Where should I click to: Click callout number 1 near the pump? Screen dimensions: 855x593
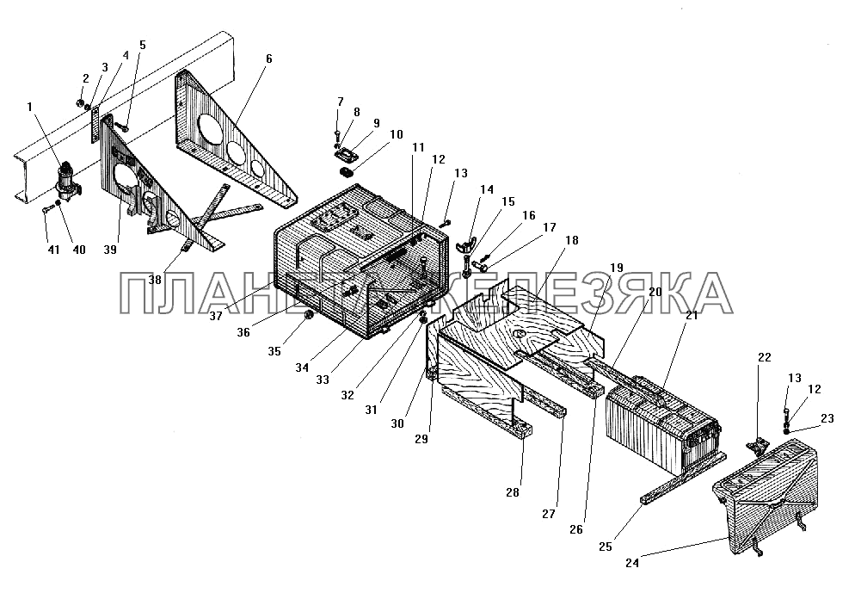30,107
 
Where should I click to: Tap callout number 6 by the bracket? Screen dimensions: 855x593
269,59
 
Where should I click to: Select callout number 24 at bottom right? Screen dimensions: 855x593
632,563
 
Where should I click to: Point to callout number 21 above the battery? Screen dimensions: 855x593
692,315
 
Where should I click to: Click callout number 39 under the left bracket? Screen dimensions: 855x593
110,250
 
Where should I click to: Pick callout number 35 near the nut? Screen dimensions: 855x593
274,351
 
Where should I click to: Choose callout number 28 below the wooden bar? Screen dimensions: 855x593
513,492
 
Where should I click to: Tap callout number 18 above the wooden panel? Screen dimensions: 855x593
572,240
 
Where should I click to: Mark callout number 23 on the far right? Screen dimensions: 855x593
827,418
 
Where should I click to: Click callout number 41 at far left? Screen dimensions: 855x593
52,250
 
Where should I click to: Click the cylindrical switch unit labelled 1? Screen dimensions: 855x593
68,181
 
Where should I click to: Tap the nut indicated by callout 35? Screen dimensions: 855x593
307,315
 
